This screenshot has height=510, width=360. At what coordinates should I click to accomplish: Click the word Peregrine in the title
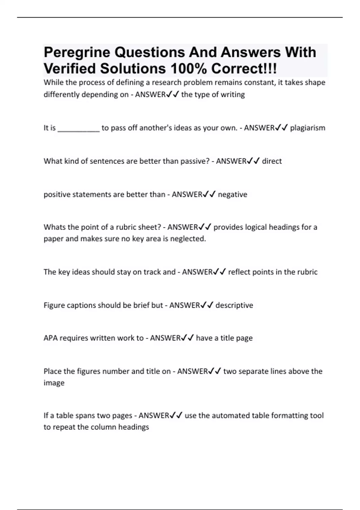77,53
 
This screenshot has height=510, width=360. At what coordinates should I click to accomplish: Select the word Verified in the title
70,69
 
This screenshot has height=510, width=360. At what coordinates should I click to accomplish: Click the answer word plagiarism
307,128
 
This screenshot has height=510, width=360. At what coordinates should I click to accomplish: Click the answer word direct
272,161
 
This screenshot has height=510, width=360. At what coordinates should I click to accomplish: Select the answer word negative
232,194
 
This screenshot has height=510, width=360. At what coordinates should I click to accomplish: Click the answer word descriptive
234,305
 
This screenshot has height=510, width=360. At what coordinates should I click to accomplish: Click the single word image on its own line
54,383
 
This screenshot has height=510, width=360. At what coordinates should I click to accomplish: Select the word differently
61,94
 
